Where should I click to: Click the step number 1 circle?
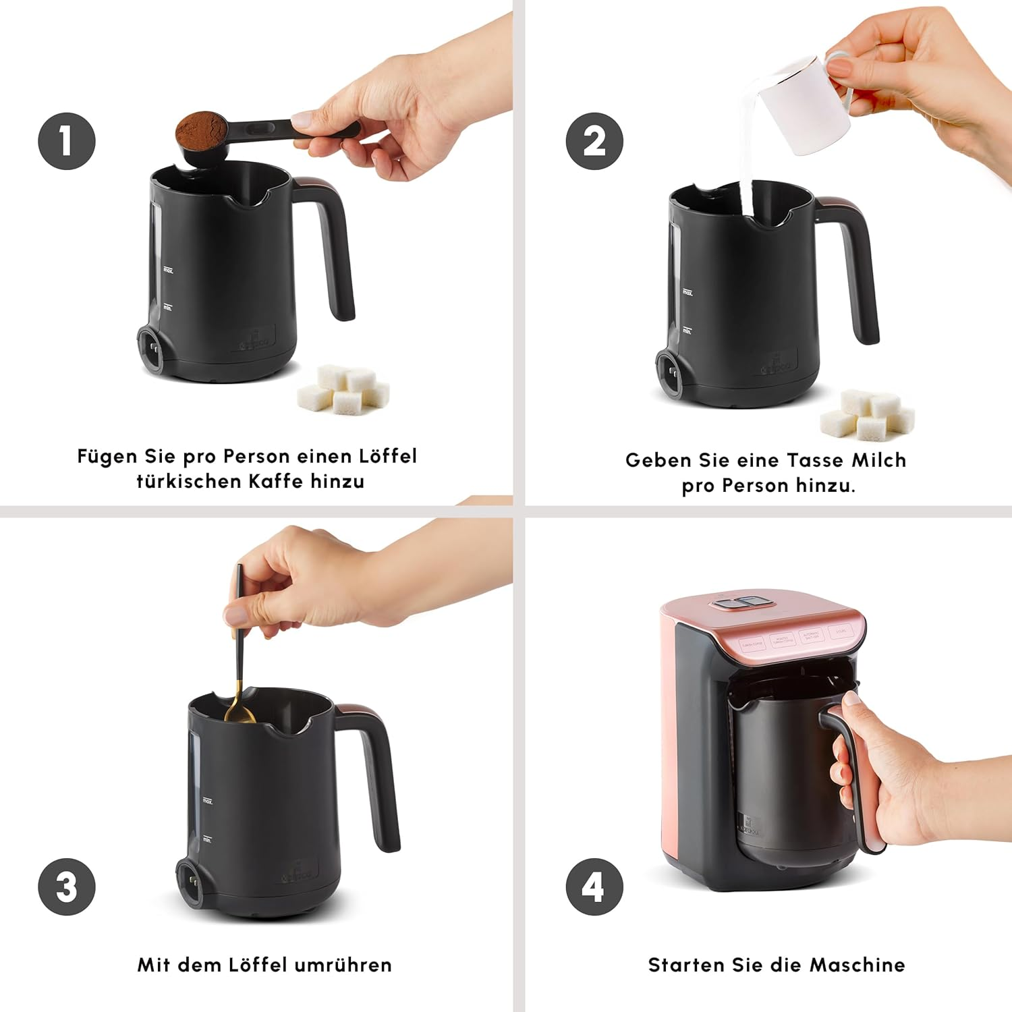(x=66, y=141)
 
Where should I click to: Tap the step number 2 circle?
(x=594, y=141)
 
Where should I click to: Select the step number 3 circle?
(x=66, y=887)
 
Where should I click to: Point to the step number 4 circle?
(x=594, y=887)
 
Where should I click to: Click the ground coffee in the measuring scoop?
(x=200, y=129)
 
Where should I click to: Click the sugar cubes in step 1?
(x=344, y=390)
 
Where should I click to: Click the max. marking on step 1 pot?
(x=168, y=270)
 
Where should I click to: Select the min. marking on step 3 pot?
(x=207, y=839)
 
